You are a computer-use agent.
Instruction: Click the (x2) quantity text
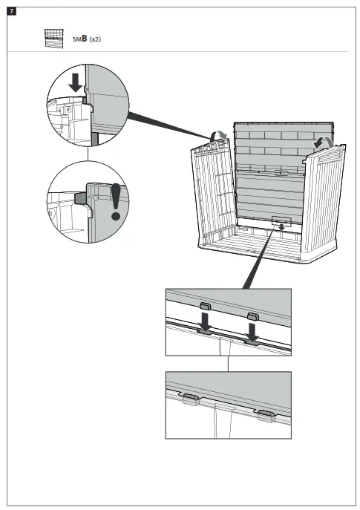(x=95, y=39)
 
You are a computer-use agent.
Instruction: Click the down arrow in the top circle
(x=75, y=82)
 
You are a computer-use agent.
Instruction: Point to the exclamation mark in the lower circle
(x=115, y=201)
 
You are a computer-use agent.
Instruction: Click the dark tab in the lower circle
(x=79, y=198)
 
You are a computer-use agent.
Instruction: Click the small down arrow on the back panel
(x=281, y=227)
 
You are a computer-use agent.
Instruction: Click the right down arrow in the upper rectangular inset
(x=252, y=326)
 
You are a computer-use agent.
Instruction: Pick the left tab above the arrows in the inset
(x=205, y=305)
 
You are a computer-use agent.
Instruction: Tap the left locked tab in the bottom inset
(x=192, y=399)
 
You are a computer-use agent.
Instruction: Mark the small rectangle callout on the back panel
(x=281, y=220)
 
